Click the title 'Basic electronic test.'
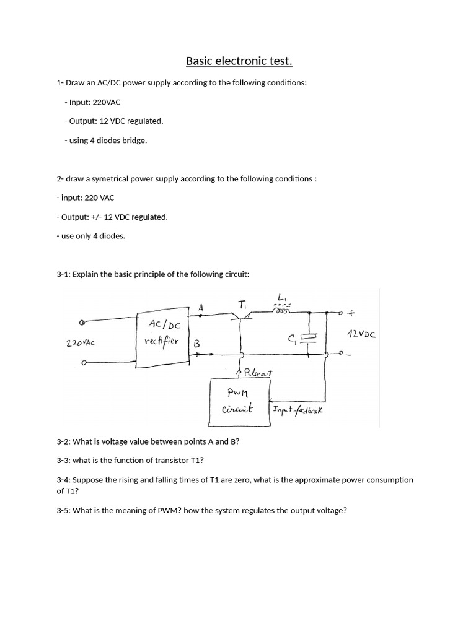(239, 61)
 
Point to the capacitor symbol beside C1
(309, 339)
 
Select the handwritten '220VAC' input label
(80, 342)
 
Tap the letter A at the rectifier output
(201, 308)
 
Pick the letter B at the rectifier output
(197, 343)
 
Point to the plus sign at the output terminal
(353, 313)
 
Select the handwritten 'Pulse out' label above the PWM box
(255, 373)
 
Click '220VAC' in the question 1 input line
(109, 102)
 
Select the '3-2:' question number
(64, 442)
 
